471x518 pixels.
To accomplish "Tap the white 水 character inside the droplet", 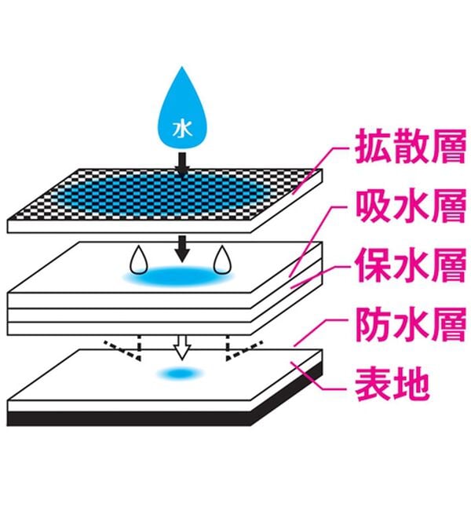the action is tap(182, 129).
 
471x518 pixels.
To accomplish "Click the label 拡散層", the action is tap(411, 147).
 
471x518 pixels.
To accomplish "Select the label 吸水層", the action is tap(411, 206).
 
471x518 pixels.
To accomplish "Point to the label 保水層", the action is tap(411, 265).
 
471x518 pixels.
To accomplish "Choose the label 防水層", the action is tap(411, 325).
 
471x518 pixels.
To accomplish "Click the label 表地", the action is tap(392, 385).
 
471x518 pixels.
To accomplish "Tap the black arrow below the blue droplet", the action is tap(182, 163).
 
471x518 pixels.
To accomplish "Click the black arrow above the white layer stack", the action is tap(182, 249).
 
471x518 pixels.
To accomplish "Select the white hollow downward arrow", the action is tap(182, 347).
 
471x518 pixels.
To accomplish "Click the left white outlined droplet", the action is tap(139, 260).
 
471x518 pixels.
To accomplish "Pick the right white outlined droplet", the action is tap(222, 260).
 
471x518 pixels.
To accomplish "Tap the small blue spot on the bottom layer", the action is tap(180, 374).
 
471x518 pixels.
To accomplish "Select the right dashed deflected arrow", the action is tap(239, 348).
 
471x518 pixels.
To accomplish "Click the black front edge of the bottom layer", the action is tap(129, 418).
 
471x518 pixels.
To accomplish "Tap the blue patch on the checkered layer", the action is tap(162, 195).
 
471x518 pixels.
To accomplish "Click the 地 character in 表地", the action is tap(411, 385).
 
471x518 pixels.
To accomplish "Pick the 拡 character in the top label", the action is tap(373, 147).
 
